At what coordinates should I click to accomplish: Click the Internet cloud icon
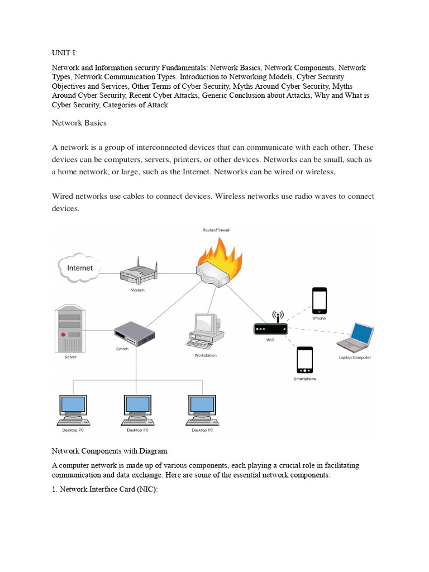coord(80,268)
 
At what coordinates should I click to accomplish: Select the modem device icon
coord(137,273)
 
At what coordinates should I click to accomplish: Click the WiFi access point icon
coord(270,327)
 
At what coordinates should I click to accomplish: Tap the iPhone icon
coord(319,301)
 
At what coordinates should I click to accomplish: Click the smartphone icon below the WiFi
coord(304,360)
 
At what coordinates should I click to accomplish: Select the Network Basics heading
coord(79,122)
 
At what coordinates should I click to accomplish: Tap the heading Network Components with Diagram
coord(109,451)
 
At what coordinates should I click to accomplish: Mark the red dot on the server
coord(64,334)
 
